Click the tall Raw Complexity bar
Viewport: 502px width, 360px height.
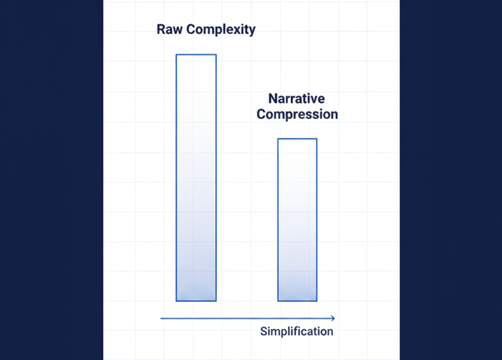click(196, 176)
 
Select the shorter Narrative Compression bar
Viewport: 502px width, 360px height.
click(297, 219)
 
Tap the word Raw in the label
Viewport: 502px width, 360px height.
click(167, 30)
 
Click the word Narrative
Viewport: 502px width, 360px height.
click(297, 99)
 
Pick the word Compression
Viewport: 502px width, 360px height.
click(297, 114)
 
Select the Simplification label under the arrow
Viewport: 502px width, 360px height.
click(297, 331)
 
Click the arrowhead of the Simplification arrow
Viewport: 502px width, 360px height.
click(333, 318)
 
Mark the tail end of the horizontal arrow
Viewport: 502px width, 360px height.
click(161, 318)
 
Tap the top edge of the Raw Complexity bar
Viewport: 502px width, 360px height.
click(196, 55)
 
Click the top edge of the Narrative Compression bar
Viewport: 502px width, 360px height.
click(297, 139)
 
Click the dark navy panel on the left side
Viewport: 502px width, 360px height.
click(51, 180)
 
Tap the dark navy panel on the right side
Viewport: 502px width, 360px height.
click(451, 180)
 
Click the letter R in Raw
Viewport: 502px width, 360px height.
click(161, 30)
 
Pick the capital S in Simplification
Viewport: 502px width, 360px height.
click(264, 331)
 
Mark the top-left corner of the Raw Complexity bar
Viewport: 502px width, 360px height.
click(176, 55)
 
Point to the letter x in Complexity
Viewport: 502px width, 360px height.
click(239, 31)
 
